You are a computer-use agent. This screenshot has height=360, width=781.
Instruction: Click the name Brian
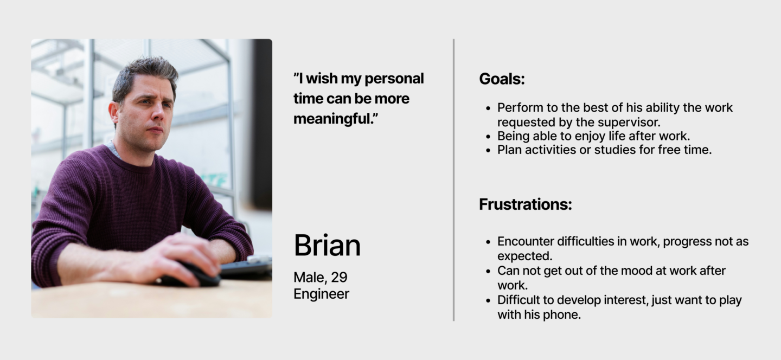click(x=327, y=245)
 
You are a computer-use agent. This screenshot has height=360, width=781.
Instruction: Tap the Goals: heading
click(x=502, y=79)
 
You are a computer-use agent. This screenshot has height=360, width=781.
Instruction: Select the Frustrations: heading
click(x=526, y=204)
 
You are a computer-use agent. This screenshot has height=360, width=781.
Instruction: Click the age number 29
click(x=339, y=278)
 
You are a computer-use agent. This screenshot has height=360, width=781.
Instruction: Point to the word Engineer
click(x=321, y=294)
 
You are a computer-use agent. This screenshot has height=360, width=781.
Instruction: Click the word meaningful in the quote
click(x=333, y=119)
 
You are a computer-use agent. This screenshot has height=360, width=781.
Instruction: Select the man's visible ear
click(x=114, y=113)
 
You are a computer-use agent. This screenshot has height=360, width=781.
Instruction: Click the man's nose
click(x=158, y=112)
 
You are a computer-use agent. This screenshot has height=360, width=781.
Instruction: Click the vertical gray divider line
click(x=453, y=180)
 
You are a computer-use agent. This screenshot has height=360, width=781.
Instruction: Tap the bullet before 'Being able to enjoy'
click(x=488, y=137)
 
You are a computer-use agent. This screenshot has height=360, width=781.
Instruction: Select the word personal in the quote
click(x=394, y=79)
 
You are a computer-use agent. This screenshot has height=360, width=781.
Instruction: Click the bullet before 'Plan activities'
click(x=488, y=151)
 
